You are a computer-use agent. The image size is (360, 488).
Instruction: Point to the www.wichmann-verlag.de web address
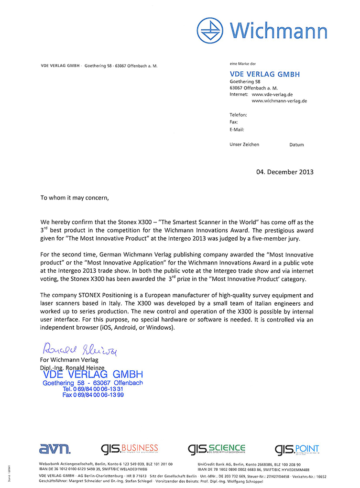pos(279,101)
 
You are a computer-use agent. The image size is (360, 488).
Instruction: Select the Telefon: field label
pos(238,115)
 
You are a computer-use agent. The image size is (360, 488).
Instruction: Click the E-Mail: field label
pos(237,130)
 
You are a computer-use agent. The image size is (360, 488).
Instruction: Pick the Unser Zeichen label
pos(244,144)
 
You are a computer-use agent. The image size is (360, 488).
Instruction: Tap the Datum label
pos(296,144)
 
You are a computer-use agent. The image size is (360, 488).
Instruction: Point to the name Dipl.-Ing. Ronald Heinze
pos(72,367)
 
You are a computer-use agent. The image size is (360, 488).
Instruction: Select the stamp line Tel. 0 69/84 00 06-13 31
pos(93,389)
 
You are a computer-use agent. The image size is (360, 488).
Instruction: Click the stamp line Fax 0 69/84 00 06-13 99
pos(93,395)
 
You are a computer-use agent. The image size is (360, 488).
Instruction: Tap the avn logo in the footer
pos(55,449)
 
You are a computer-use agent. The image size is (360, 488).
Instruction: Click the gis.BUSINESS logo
pos(129,449)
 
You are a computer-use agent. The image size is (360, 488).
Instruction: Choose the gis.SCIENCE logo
pos(217,449)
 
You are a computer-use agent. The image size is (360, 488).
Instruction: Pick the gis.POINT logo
pos(297,449)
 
